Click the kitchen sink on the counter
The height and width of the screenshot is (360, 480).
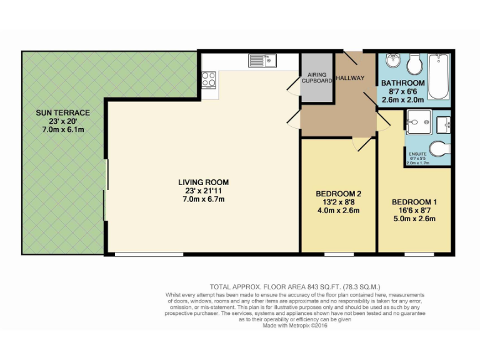tap(262, 61)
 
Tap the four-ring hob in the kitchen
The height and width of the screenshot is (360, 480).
tap(209, 79)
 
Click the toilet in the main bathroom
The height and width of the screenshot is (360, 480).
tap(414, 64)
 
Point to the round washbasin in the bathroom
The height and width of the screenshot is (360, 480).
tap(392, 61)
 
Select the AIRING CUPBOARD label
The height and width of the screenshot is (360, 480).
tap(317, 78)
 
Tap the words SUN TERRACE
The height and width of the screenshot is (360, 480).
tap(62, 113)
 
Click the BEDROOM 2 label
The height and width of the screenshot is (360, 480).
tap(338, 194)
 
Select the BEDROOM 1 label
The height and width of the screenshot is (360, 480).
tap(414, 202)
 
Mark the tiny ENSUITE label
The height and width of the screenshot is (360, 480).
tap(417, 154)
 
